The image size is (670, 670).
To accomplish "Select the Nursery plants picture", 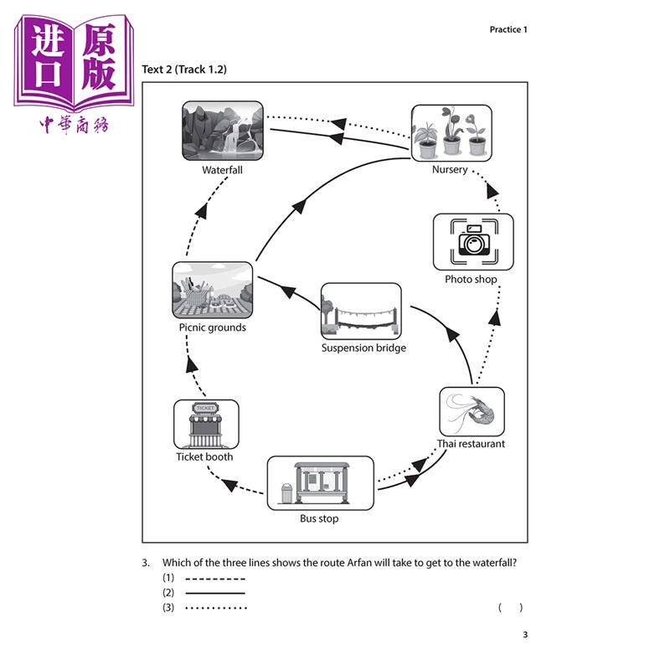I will pyautogui.click(x=451, y=131).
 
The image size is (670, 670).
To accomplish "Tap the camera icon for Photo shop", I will pyautogui.click(x=473, y=242).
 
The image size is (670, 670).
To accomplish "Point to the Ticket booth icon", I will pyautogui.click(x=206, y=424).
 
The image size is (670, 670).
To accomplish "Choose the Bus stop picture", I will pyautogui.click(x=319, y=483).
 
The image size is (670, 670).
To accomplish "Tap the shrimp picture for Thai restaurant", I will pyautogui.click(x=472, y=411).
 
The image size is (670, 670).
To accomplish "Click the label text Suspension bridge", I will pyautogui.click(x=363, y=348).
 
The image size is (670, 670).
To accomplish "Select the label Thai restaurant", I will pyautogui.click(x=472, y=444).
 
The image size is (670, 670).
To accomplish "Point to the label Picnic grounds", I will pyautogui.click(x=212, y=327).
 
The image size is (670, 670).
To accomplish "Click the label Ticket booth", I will pyautogui.click(x=204, y=457).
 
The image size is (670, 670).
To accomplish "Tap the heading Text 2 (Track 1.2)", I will pyautogui.click(x=184, y=70).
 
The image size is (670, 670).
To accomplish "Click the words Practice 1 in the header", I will pyautogui.click(x=509, y=30).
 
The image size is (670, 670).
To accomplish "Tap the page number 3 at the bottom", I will pyautogui.click(x=525, y=634).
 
